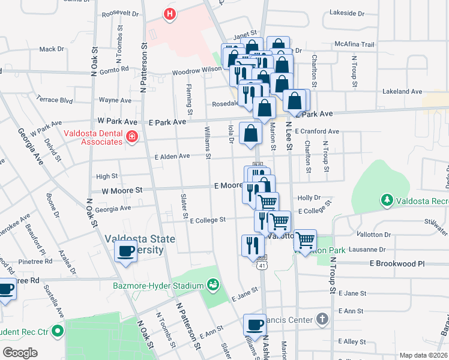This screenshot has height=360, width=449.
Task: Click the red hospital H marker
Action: coord(170,14)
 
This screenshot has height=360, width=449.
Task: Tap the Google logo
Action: coord(20,352)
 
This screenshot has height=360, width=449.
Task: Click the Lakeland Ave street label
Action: coord(403,92)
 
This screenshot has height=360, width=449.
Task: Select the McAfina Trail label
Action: coord(354,44)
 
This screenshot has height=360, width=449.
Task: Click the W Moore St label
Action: coord(121,190)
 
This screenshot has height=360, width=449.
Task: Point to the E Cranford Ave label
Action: coord(318,131)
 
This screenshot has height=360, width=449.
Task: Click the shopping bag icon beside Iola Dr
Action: coord(250,134)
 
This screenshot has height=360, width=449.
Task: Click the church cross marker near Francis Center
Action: coord(322,319)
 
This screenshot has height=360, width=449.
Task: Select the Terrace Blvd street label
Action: coord(54,99)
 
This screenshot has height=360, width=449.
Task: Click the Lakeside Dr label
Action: coord(347,12)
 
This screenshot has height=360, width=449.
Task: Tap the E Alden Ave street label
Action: coord(172,156)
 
